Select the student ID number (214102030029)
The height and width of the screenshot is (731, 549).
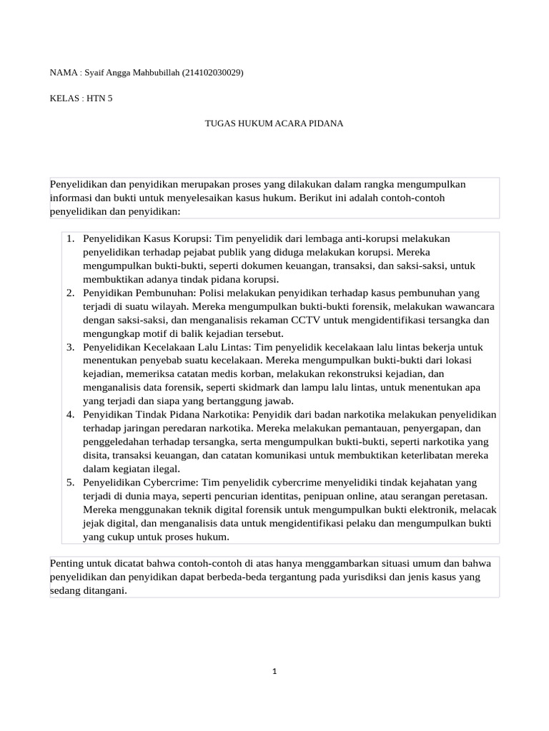pyautogui.click(x=213, y=73)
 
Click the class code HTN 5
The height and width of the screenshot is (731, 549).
pyautogui.click(x=100, y=99)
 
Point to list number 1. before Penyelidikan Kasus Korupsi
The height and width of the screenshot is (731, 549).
pyautogui.click(x=71, y=238)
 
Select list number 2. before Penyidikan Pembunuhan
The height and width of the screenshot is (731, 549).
pyautogui.click(x=71, y=293)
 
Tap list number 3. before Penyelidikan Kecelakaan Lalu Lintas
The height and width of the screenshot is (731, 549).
pyautogui.click(x=71, y=347)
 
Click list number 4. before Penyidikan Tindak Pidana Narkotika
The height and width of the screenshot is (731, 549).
pyautogui.click(x=71, y=415)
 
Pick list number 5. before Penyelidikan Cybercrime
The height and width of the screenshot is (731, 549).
pyautogui.click(x=71, y=483)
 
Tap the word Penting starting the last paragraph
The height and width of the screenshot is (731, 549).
pyautogui.click(x=69, y=563)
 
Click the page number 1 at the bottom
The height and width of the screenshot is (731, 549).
pyautogui.click(x=274, y=670)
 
